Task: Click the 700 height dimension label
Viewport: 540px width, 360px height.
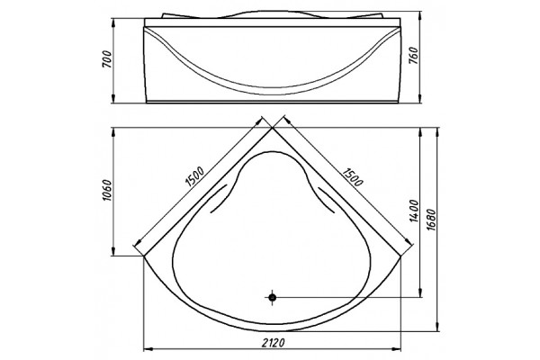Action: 107,58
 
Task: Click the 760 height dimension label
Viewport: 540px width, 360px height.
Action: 413,55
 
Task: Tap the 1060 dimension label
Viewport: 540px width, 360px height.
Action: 107,191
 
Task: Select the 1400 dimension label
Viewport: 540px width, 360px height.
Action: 414,211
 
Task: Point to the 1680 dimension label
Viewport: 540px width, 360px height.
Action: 431,220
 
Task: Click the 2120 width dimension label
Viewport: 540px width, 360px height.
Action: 274,343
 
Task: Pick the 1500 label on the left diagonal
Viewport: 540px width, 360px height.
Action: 195,176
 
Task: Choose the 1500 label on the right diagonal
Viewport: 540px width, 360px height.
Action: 353,176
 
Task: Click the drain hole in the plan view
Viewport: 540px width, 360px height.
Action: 273,297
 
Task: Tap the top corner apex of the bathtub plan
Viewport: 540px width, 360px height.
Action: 273,128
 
